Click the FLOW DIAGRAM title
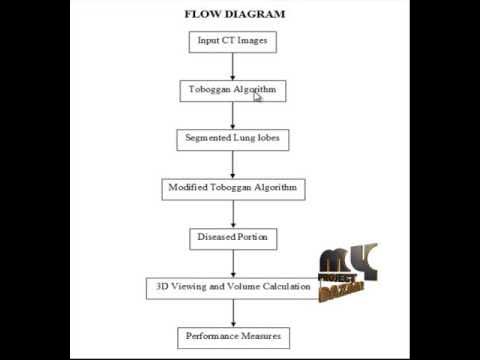click(235, 14)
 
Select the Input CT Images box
click(232, 41)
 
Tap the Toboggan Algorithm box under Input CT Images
click(232, 90)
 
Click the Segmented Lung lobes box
click(232, 139)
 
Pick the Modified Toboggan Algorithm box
click(232, 188)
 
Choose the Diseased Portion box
click(232, 238)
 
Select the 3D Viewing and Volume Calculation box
click(232, 287)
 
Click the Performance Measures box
click(232, 336)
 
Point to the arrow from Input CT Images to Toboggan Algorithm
click(232, 65)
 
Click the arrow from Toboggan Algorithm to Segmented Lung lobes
click(232, 114)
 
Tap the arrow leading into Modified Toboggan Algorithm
click(232, 164)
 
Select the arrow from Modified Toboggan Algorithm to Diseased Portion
click(232, 213)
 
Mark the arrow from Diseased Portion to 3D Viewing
click(232, 262)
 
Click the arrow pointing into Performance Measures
click(232, 312)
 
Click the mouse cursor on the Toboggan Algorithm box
click(258, 96)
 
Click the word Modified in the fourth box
click(189, 188)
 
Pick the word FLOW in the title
click(202, 14)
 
